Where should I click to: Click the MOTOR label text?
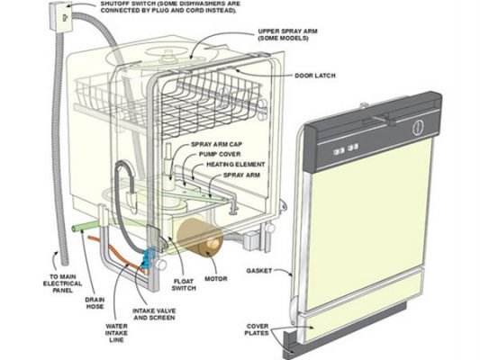[x=216, y=279]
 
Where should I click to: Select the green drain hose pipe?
[x=86, y=229]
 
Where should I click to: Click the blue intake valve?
[x=148, y=256]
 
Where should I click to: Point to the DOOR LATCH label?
[x=315, y=76]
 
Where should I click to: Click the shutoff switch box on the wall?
[x=60, y=16]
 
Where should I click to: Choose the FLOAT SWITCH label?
[x=184, y=284]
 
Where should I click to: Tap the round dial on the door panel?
[x=419, y=128]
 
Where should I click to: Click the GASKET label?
[x=259, y=271]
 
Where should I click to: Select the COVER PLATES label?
[x=257, y=329]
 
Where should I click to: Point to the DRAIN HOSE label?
[x=95, y=303]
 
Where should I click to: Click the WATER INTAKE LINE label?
[x=116, y=333]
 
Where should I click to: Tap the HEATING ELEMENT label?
[x=236, y=164]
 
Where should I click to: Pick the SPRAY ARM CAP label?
[x=216, y=144]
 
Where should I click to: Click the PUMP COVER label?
[x=220, y=154]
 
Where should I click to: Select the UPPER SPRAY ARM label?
[x=288, y=35]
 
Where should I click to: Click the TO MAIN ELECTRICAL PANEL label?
[x=62, y=283]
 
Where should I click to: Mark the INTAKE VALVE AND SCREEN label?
[x=154, y=314]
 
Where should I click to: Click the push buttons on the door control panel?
[x=346, y=149]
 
